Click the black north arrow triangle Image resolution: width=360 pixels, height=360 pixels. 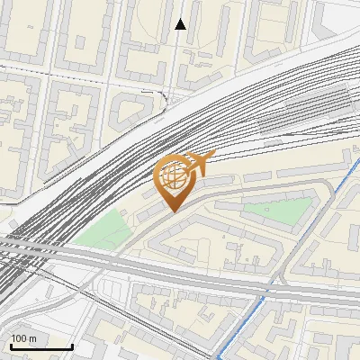pyautogui.click(x=180, y=24)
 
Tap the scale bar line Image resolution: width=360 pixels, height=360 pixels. pyautogui.click(x=41, y=346)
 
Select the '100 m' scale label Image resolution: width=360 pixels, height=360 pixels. pyautogui.click(x=24, y=338)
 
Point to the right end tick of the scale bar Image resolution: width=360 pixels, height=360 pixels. pyautogui.click(x=72, y=345)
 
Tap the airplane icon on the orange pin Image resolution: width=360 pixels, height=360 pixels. pyautogui.click(x=199, y=163)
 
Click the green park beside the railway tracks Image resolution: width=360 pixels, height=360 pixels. pyautogui.click(x=104, y=230)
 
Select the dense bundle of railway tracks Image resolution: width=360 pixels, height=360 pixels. pyautogui.click(x=108, y=180)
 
